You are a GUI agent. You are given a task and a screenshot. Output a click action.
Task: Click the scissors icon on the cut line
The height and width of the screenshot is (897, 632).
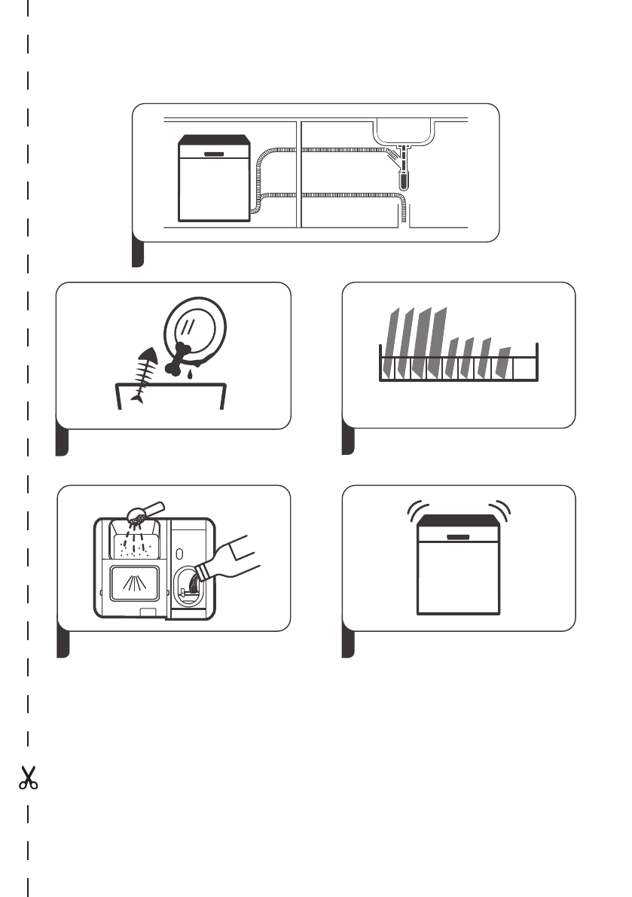pos(28,778)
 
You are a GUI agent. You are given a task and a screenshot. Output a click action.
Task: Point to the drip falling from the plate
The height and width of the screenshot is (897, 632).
pos(190,373)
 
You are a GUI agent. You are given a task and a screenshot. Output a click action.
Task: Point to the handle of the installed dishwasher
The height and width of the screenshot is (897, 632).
pos(215,153)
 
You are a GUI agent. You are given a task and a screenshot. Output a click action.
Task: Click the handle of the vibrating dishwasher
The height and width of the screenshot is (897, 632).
pos(458,537)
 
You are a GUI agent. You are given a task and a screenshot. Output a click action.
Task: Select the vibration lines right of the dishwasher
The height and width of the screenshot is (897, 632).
pos(502,511)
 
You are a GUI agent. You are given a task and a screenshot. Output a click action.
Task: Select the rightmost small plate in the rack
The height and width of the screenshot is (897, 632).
pos(503,362)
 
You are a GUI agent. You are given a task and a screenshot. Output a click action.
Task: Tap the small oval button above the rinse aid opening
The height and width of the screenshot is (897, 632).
pos(179,554)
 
